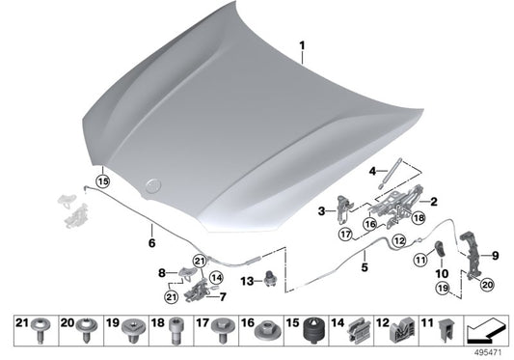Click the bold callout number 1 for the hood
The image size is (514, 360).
point(301,45)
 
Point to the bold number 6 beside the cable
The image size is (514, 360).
point(150,230)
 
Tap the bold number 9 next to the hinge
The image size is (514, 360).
point(496,256)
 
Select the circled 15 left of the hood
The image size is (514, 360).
point(103,180)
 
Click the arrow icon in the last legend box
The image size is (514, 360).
point(483,332)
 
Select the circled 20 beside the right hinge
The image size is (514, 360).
point(486,285)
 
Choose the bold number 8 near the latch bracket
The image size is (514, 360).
point(164,273)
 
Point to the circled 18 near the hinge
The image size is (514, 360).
point(418,219)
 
